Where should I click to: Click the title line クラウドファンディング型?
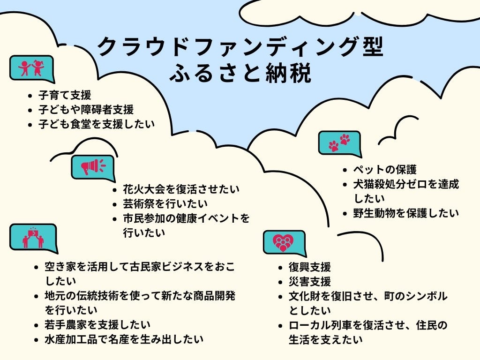point(240,47)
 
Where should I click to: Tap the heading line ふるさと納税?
point(240,74)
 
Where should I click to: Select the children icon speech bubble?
point(31,68)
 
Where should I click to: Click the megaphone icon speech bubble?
point(93,166)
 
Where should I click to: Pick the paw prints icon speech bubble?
point(339,142)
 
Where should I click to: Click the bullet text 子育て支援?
point(65,95)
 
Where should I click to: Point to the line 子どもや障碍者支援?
point(86,110)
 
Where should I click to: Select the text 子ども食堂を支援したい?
point(97,125)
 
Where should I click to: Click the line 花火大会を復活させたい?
point(181,189)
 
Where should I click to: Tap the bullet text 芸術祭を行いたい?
point(165,204)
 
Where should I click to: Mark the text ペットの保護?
point(385,170)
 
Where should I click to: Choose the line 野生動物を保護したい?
point(406,213)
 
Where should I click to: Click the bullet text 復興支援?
point(310,267)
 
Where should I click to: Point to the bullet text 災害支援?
point(310,282)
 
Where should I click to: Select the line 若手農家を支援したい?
point(97,324)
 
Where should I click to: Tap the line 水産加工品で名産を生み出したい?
point(124,339)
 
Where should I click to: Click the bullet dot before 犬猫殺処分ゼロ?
point(345,184)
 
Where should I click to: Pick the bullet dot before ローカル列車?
point(280,325)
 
